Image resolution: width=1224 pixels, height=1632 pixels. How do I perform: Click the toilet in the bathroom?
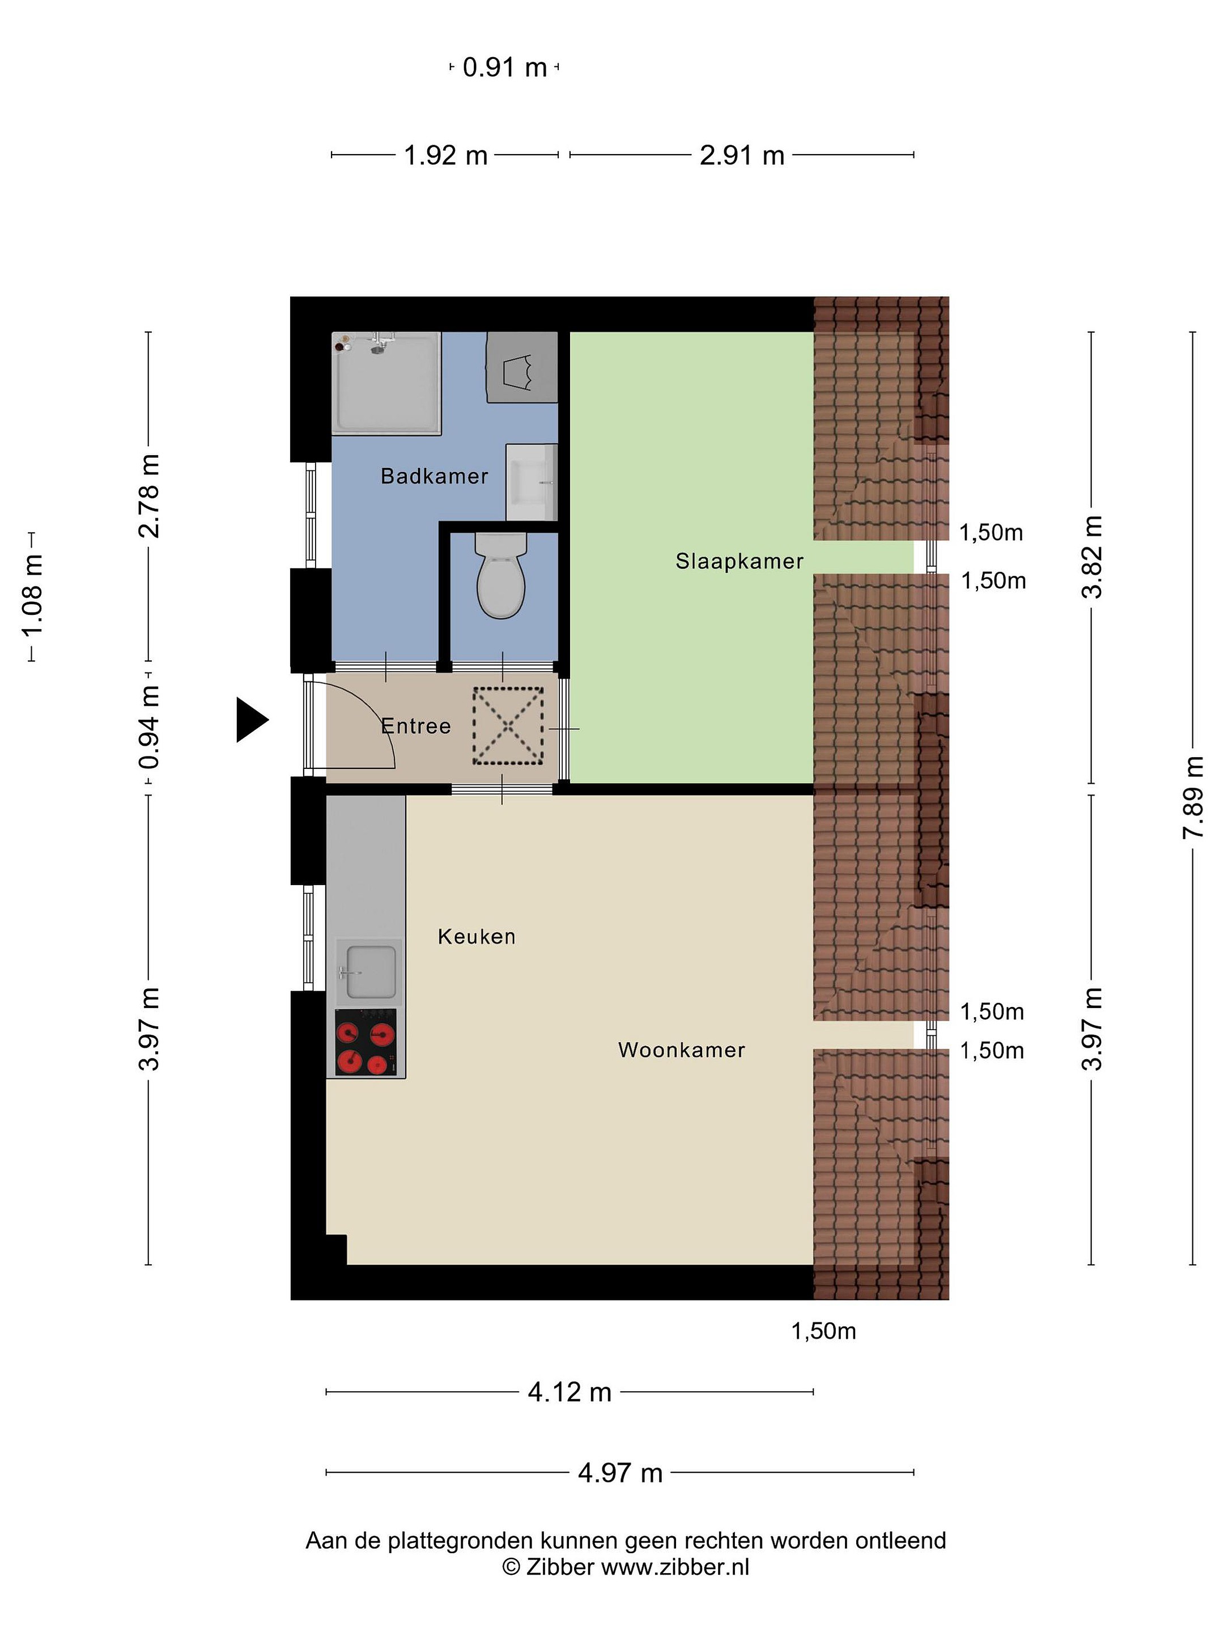[501, 576]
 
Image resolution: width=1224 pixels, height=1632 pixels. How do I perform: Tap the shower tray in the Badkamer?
[386, 383]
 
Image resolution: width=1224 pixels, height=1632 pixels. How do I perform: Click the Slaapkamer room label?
[739, 562]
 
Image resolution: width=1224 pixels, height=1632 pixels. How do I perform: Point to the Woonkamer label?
[682, 1050]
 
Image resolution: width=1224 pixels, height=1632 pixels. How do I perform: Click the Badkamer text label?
[435, 476]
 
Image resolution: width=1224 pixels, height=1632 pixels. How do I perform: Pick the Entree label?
[415, 726]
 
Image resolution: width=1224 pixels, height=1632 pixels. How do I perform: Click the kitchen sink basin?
[371, 972]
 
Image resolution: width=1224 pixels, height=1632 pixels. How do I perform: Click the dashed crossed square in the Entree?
[508, 726]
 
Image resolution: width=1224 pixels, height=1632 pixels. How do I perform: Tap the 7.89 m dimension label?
[1193, 797]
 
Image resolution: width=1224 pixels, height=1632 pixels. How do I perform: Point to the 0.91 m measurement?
[505, 67]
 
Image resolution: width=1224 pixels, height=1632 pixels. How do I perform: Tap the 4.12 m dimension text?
[569, 1392]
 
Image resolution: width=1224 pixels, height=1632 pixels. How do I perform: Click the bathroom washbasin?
[531, 482]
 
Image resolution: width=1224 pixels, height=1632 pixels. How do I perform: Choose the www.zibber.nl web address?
[675, 1567]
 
